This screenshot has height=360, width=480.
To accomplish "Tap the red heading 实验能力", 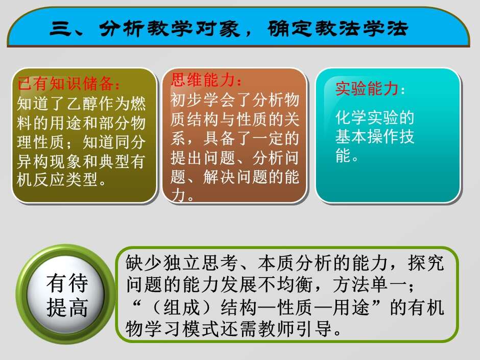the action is [x=367, y=89].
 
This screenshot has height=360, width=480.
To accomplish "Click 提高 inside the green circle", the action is [x=67, y=307].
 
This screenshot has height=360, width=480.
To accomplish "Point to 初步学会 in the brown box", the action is [x=203, y=100].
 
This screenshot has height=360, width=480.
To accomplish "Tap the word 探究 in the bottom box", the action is [x=426, y=263].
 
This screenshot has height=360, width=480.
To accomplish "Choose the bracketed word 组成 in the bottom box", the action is [x=181, y=307].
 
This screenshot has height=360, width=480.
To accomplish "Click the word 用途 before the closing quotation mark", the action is [x=351, y=307].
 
